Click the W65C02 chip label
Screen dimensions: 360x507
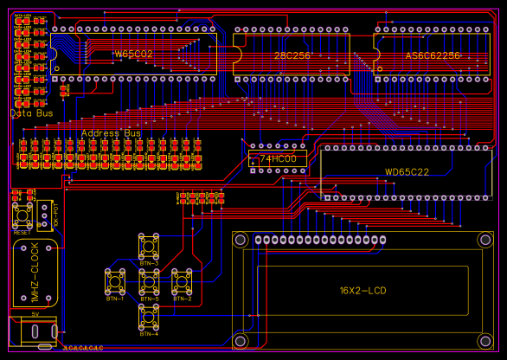pos(133,55)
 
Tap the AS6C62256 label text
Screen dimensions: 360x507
pos(433,55)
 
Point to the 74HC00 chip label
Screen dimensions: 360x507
pos(278,159)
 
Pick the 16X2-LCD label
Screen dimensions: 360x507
pos(363,290)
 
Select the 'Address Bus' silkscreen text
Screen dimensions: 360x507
pos(111,133)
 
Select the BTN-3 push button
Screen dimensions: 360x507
pos(149,247)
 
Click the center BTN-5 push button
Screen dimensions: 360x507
pos(149,282)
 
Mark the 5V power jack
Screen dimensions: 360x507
pos(33,331)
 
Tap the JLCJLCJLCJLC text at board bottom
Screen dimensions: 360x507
pos(83,348)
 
